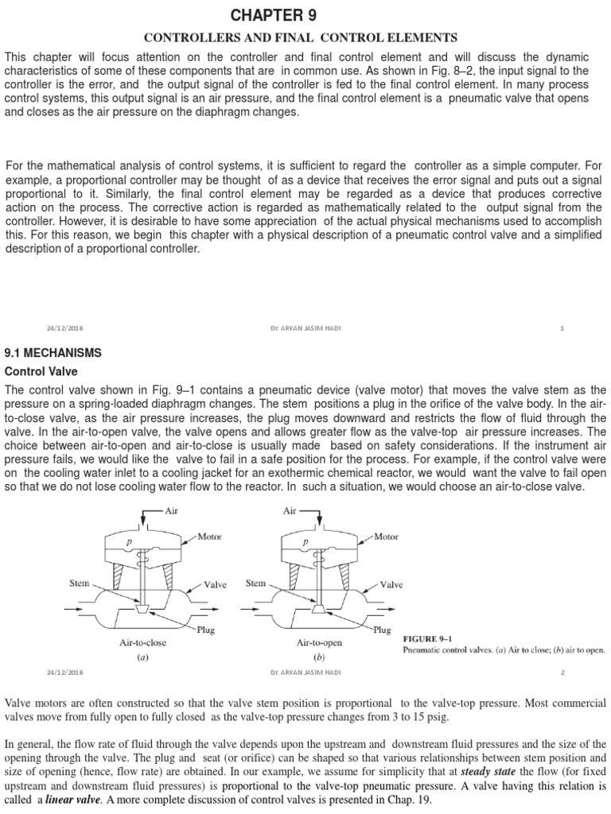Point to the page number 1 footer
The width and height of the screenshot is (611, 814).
click(562, 328)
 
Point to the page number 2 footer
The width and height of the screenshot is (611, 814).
click(562, 673)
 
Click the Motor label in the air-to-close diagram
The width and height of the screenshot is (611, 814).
click(209, 537)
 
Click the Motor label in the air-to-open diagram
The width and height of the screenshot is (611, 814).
click(386, 537)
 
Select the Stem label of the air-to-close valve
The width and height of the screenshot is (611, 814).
click(80, 583)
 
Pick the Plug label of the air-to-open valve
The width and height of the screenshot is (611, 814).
click(382, 630)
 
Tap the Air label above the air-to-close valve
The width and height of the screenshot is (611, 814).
click(170, 511)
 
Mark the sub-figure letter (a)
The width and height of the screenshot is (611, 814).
click(142, 657)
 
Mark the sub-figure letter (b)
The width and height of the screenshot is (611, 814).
click(319, 657)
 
